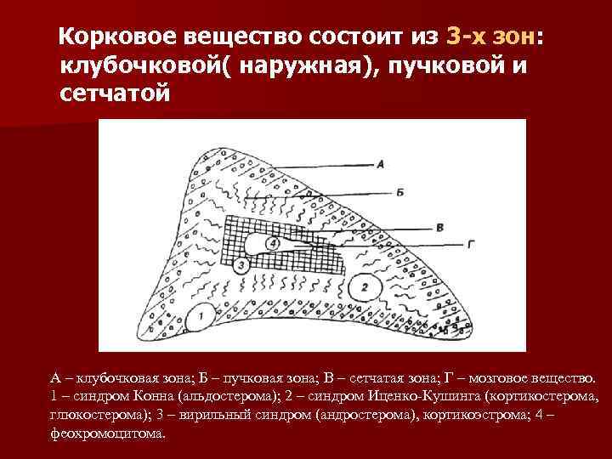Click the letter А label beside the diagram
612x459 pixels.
pos(381,164)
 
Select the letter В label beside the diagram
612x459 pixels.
pos(439,228)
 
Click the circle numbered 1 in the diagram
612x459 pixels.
pos(201,316)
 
